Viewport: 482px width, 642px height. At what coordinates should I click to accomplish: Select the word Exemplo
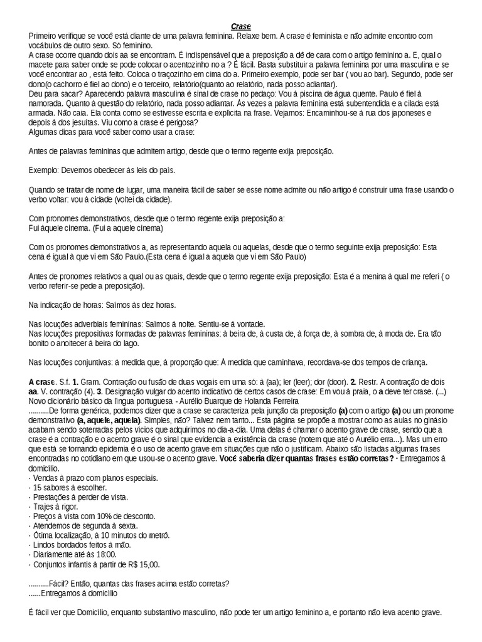(46, 170)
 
